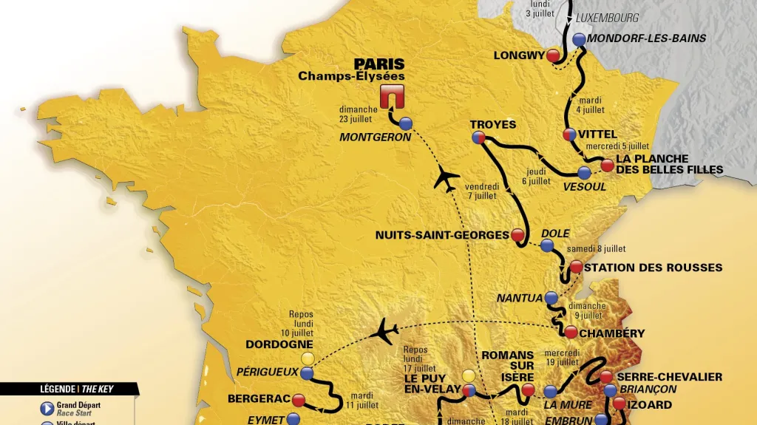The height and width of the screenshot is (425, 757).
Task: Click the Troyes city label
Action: point(493,124)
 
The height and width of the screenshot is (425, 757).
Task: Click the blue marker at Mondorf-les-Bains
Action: point(578,39)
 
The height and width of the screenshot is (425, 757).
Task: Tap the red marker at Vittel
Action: point(569,135)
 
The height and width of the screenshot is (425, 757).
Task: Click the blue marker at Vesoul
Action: point(585,173)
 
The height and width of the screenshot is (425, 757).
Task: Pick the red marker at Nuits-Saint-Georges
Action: point(517,235)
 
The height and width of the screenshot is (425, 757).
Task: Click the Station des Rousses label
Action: point(653,268)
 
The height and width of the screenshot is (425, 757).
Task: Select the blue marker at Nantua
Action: point(551,299)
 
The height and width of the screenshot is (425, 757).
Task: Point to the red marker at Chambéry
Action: point(571,333)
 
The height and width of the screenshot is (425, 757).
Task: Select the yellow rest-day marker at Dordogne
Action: point(308,358)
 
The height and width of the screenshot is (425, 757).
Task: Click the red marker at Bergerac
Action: point(299,399)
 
